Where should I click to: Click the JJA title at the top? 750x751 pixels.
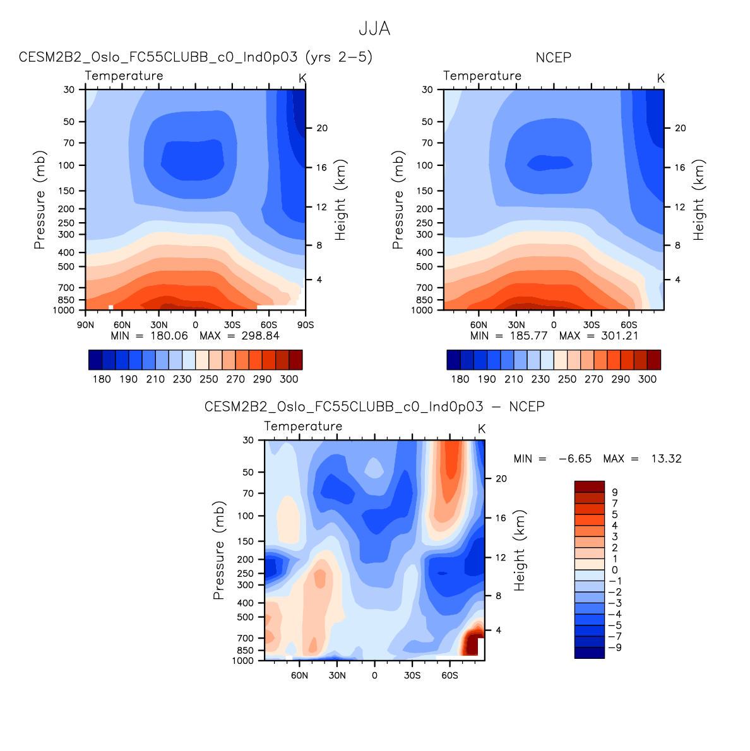(374, 29)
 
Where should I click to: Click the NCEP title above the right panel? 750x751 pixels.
(553, 57)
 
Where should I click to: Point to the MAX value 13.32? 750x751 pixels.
(666, 459)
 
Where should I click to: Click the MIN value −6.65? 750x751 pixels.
(575, 459)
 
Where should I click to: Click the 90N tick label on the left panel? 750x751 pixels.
(86, 325)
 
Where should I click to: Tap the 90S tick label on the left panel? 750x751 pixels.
(306, 325)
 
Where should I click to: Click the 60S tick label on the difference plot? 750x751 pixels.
(449, 676)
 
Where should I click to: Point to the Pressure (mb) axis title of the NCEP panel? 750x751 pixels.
(397, 199)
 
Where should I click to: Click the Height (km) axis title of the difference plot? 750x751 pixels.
(520, 550)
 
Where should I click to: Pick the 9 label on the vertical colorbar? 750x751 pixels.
(615, 492)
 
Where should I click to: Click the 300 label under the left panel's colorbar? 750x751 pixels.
(289, 379)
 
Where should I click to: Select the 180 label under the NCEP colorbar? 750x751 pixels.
(460, 379)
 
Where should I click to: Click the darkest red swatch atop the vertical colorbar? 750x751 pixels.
(589, 487)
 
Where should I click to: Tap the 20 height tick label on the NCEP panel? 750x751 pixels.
(680, 128)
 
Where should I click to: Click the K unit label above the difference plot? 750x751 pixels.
(482, 429)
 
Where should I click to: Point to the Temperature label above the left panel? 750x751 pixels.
(124, 76)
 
